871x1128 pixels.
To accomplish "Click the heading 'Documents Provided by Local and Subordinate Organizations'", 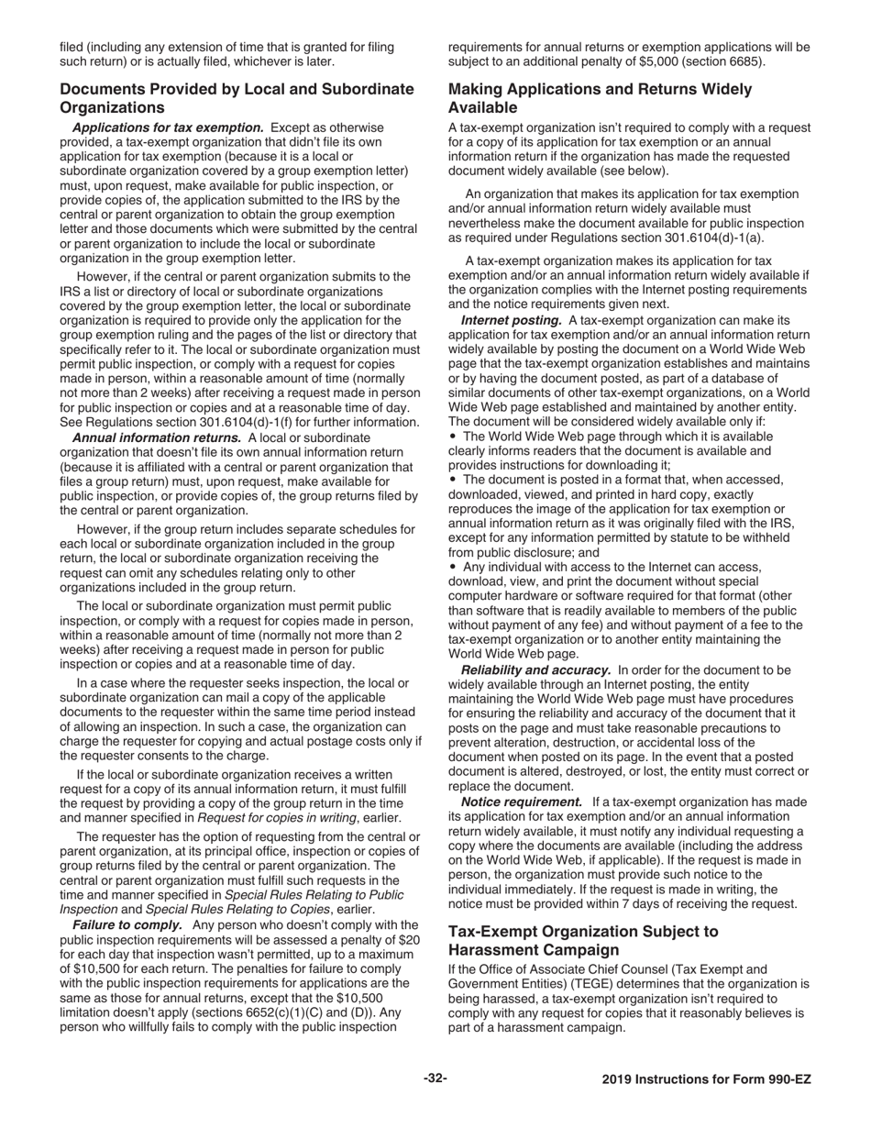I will coord(237,98).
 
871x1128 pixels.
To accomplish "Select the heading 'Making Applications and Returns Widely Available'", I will coord(600,98).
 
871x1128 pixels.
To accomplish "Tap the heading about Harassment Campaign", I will coord(583,941).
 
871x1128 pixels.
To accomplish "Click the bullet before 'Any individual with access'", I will coord(452,567).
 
